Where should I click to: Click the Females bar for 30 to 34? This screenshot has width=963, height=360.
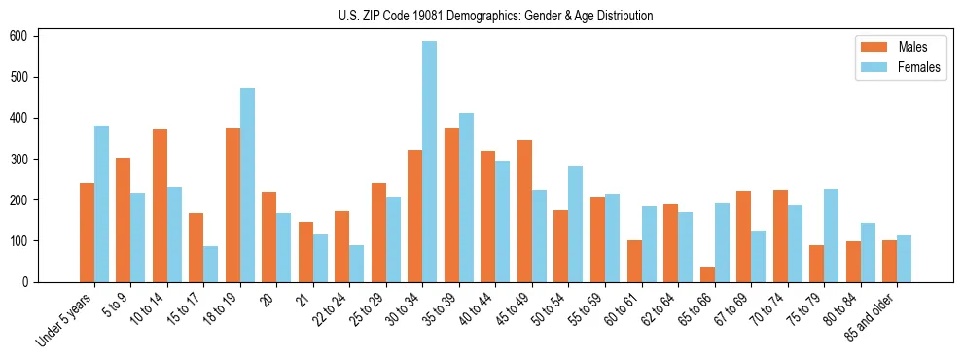pyautogui.click(x=430, y=162)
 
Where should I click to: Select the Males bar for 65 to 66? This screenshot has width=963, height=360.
pyautogui.click(x=707, y=274)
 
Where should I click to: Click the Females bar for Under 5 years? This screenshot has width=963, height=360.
pyautogui.click(x=101, y=203)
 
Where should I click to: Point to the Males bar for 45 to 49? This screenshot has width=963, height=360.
pyautogui.click(x=524, y=211)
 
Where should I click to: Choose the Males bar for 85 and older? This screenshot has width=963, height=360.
pyautogui.click(x=889, y=261)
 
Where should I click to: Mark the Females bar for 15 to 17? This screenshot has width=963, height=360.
pyautogui.click(x=211, y=264)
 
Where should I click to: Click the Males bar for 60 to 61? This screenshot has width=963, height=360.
pyautogui.click(x=634, y=261)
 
